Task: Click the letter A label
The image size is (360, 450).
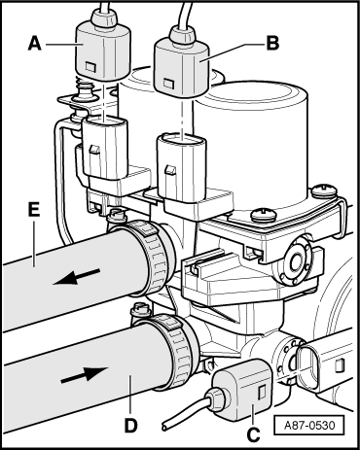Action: pyautogui.click(x=35, y=44)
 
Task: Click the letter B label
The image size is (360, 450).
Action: pyautogui.click(x=272, y=43)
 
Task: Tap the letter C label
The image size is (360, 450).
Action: pyautogui.click(x=253, y=434)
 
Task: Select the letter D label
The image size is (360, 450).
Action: pyautogui.click(x=130, y=425)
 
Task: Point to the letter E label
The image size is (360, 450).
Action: pyautogui.click(x=34, y=209)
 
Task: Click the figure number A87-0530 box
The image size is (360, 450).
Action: pyautogui.click(x=308, y=425)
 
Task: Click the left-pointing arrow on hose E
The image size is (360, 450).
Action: pyautogui.click(x=76, y=277)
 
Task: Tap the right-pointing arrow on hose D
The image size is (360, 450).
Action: pyautogui.click(x=85, y=374)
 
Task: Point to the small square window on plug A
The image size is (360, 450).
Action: pyautogui.click(x=90, y=66)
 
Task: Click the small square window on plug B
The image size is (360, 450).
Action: pyautogui.click(x=168, y=84)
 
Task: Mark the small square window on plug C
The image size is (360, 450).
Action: pyautogui.click(x=261, y=393)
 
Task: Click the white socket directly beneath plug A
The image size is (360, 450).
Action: pyautogui.click(x=105, y=148)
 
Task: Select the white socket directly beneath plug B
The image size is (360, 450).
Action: pyautogui.click(x=181, y=168)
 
